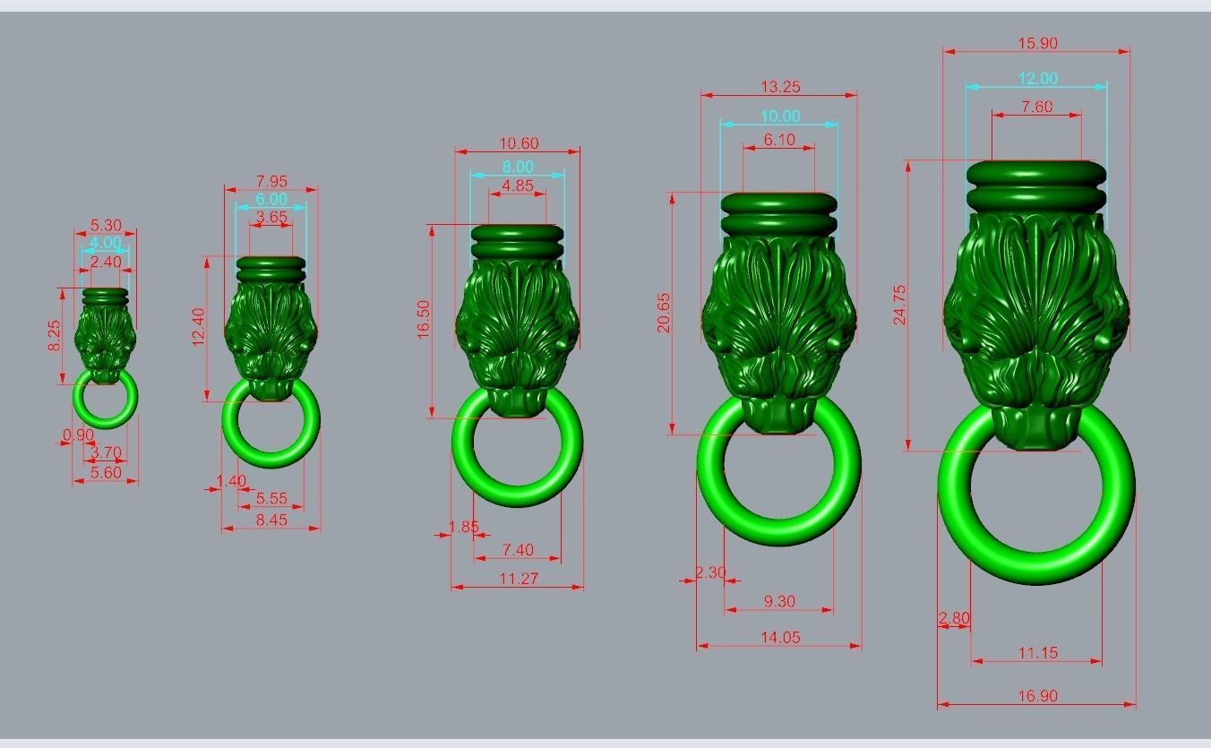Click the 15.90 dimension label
click(x=1036, y=43)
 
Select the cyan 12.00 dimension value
click(x=1036, y=79)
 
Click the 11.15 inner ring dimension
click(x=1037, y=653)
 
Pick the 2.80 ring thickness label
click(x=954, y=618)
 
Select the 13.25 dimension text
click(x=779, y=87)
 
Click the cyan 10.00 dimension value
click(x=779, y=116)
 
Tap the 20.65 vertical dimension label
click(x=664, y=313)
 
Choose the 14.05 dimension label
click(x=779, y=638)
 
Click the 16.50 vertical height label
click(x=424, y=320)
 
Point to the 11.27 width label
click(x=518, y=579)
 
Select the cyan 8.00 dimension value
click(x=518, y=167)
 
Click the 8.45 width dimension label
click(x=271, y=520)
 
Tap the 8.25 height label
click(x=55, y=335)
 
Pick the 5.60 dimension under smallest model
click(x=106, y=472)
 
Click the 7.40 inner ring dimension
click(x=518, y=549)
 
